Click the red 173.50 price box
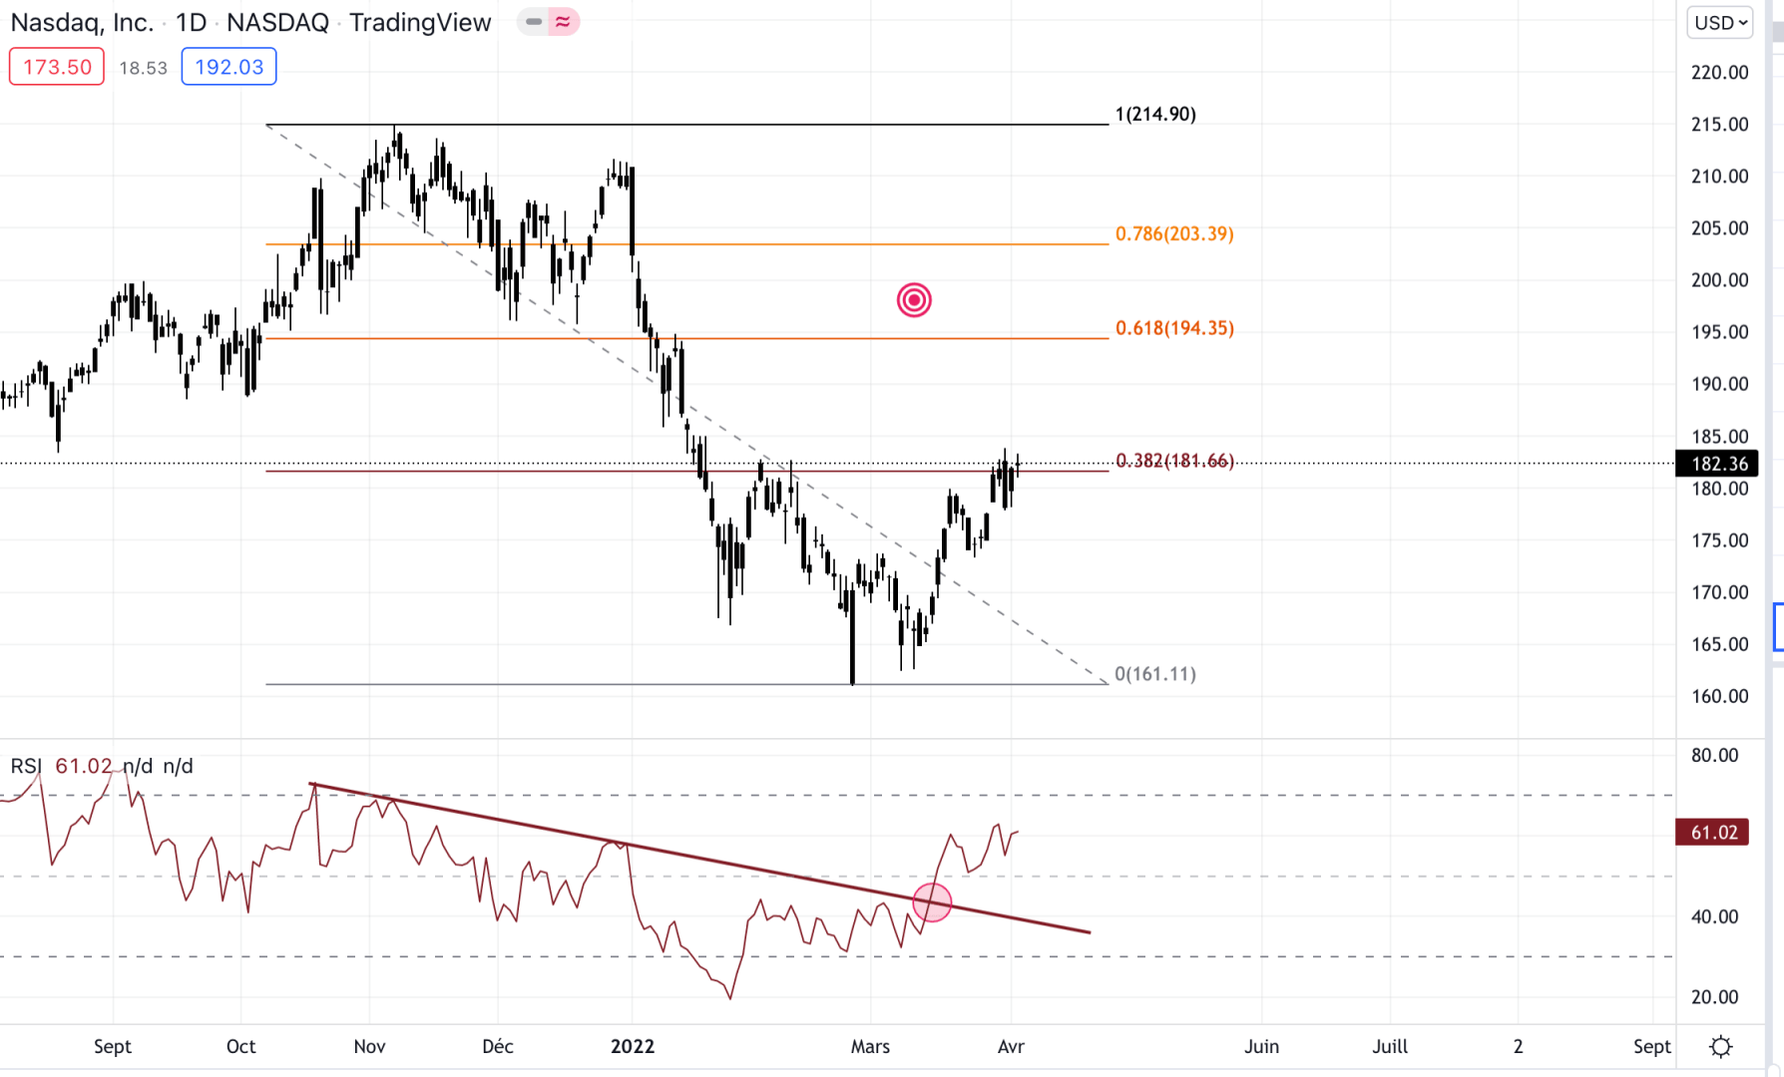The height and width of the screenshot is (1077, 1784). [57, 67]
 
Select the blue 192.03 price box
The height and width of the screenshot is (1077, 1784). [228, 67]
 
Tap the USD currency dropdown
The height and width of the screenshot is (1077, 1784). [1720, 23]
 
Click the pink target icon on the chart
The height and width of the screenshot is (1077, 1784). [914, 299]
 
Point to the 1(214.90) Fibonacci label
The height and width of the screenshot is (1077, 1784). [1155, 114]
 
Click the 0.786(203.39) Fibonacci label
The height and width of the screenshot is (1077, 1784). [1174, 233]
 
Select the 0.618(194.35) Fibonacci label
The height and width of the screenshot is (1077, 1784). [1174, 328]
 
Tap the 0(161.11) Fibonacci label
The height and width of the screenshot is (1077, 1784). [1155, 674]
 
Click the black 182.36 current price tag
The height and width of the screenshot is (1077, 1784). [1719, 464]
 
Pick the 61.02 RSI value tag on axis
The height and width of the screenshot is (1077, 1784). [1713, 833]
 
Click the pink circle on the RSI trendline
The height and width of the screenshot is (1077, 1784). [932, 902]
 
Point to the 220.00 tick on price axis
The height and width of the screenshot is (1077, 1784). [1719, 72]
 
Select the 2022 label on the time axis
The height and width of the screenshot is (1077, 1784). [633, 1046]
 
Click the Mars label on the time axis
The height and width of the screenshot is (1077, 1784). [870, 1046]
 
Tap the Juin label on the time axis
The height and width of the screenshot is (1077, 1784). [1261, 1046]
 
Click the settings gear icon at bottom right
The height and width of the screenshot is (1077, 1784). [1721, 1046]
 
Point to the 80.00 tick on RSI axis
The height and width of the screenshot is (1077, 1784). [1714, 755]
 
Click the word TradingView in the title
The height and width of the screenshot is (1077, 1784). [420, 23]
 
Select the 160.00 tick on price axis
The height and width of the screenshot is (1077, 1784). [1719, 696]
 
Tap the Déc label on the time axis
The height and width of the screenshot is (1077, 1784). [498, 1046]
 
